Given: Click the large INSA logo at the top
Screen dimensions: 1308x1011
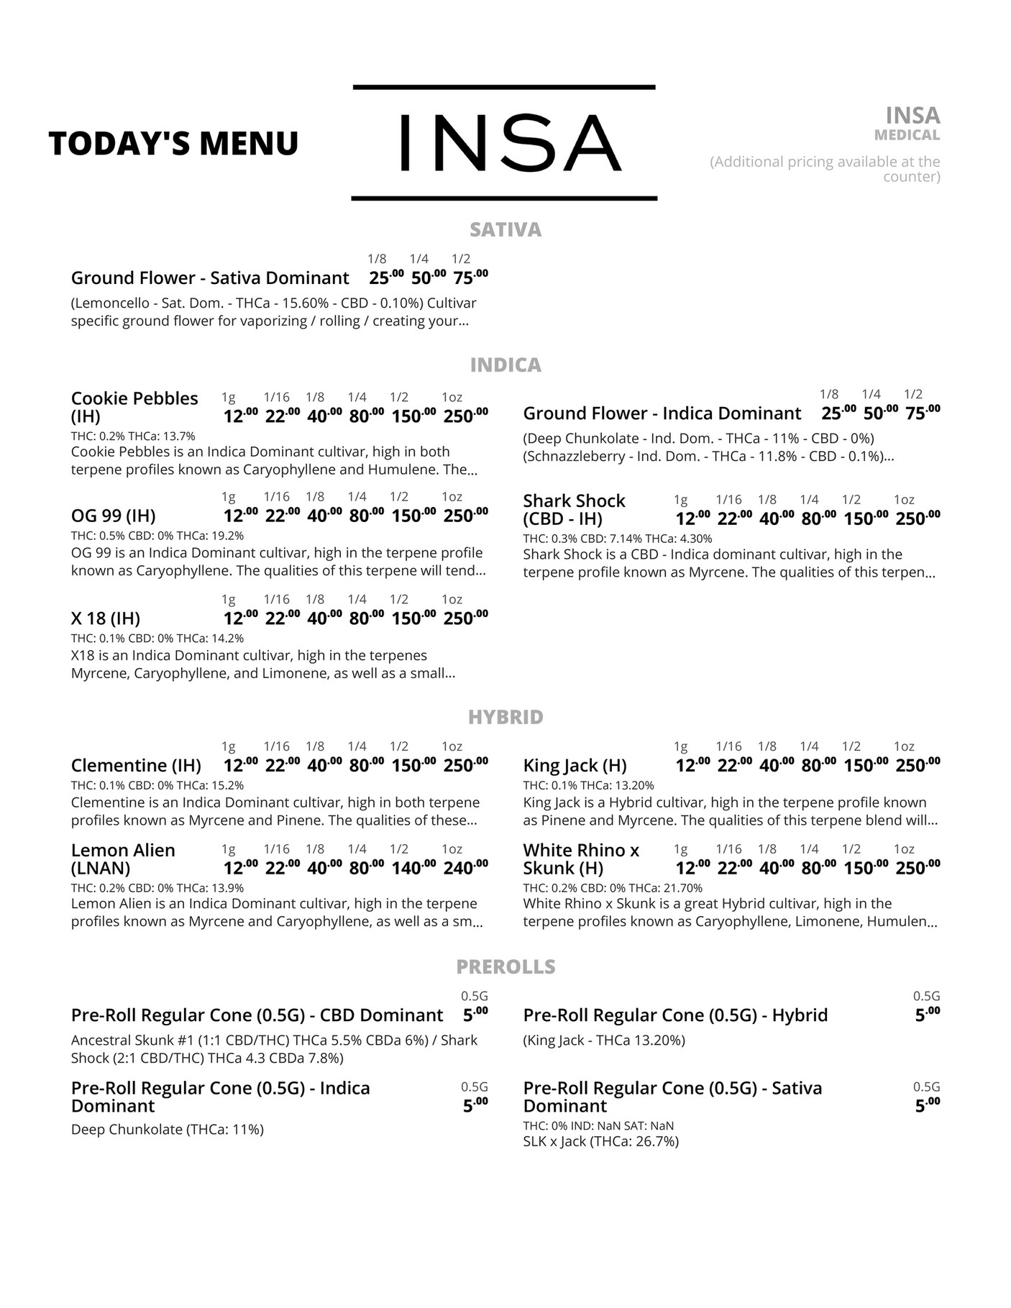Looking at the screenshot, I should (504, 142).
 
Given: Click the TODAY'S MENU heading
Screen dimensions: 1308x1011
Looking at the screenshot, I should (173, 143).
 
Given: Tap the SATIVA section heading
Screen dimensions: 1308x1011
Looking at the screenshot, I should (505, 229).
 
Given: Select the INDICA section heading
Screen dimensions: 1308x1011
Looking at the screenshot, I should (505, 365).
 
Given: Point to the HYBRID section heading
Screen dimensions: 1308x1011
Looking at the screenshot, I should (505, 717).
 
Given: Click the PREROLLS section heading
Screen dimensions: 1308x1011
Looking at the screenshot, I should (505, 966).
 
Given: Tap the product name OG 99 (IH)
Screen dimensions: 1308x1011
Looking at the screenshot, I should (114, 516).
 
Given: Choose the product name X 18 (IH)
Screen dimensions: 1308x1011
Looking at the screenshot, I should (106, 618).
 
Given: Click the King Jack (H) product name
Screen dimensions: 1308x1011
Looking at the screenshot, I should (575, 765).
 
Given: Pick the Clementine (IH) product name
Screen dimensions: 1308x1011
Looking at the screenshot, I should (136, 765).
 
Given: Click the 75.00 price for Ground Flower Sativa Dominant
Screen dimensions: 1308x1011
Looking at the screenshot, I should (470, 278).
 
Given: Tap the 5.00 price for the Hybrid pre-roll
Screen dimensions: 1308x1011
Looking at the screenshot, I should (927, 1015).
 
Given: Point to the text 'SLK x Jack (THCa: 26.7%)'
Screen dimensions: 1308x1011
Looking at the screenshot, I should (600, 1141).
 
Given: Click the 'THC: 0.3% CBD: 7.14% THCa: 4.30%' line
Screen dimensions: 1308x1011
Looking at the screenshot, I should (617, 539).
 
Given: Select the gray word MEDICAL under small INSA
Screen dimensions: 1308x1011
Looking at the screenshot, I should (907, 135).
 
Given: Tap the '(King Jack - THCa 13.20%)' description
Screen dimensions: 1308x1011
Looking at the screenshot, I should (604, 1040).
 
